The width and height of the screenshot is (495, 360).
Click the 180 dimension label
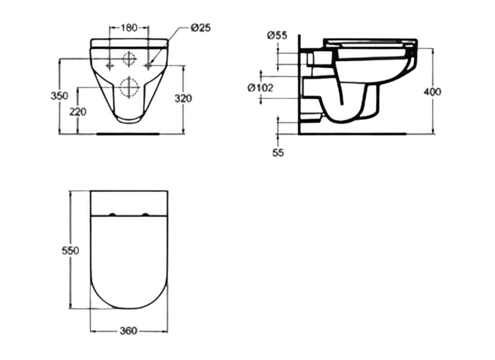(129, 27)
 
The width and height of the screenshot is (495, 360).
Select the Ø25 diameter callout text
(200, 27)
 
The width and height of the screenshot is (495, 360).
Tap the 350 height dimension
(59, 96)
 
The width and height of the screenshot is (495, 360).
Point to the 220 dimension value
(78, 111)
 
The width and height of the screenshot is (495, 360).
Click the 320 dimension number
(183, 98)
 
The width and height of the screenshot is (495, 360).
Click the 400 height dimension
(432, 92)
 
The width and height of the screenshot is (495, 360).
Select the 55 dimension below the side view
(278, 153)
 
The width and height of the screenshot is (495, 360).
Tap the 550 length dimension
(70, 250)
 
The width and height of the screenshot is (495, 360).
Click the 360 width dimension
(129, 331)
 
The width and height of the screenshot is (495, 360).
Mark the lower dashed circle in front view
(129, 86)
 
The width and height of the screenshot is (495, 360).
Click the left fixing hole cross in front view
(109, 66)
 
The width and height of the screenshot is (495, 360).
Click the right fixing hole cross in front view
(148, 66)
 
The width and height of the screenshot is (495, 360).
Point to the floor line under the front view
(128, 134)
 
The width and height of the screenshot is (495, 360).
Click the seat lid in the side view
(369, 40)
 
